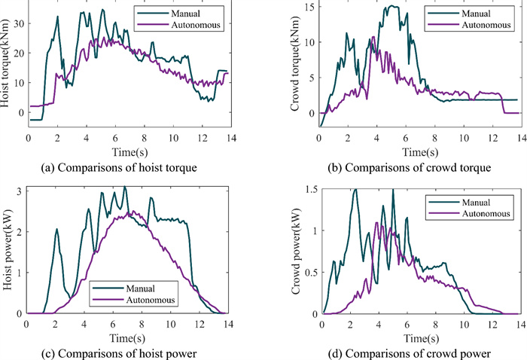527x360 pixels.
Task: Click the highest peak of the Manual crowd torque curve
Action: (393, 6)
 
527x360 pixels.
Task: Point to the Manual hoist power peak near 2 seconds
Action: (56, 230)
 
